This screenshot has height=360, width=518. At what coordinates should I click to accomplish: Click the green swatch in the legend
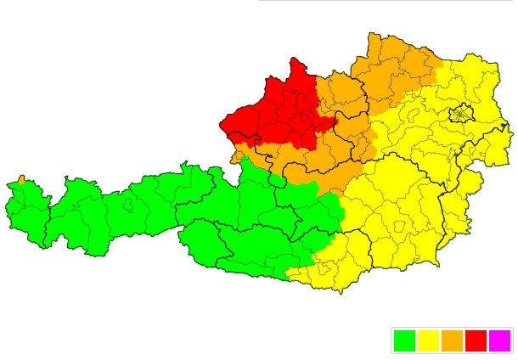click(404, 340)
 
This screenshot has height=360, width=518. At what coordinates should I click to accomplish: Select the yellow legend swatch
click(428, 340)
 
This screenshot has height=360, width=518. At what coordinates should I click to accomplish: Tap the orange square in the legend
click(452, 340)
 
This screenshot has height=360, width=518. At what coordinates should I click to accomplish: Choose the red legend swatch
click(476, 340)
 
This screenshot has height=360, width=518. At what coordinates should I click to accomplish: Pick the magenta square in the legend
click(499, 340)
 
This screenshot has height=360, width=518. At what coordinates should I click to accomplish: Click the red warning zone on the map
click(276, 115)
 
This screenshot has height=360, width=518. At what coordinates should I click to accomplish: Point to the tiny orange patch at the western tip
click(21, 179)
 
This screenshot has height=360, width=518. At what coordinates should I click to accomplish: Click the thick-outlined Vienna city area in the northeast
click(461, 113)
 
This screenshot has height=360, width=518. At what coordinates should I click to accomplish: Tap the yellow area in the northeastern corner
click(476, 81)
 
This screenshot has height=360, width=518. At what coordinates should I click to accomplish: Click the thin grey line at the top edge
click(382, 1)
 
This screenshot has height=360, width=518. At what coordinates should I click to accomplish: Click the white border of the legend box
click(392, 340)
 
